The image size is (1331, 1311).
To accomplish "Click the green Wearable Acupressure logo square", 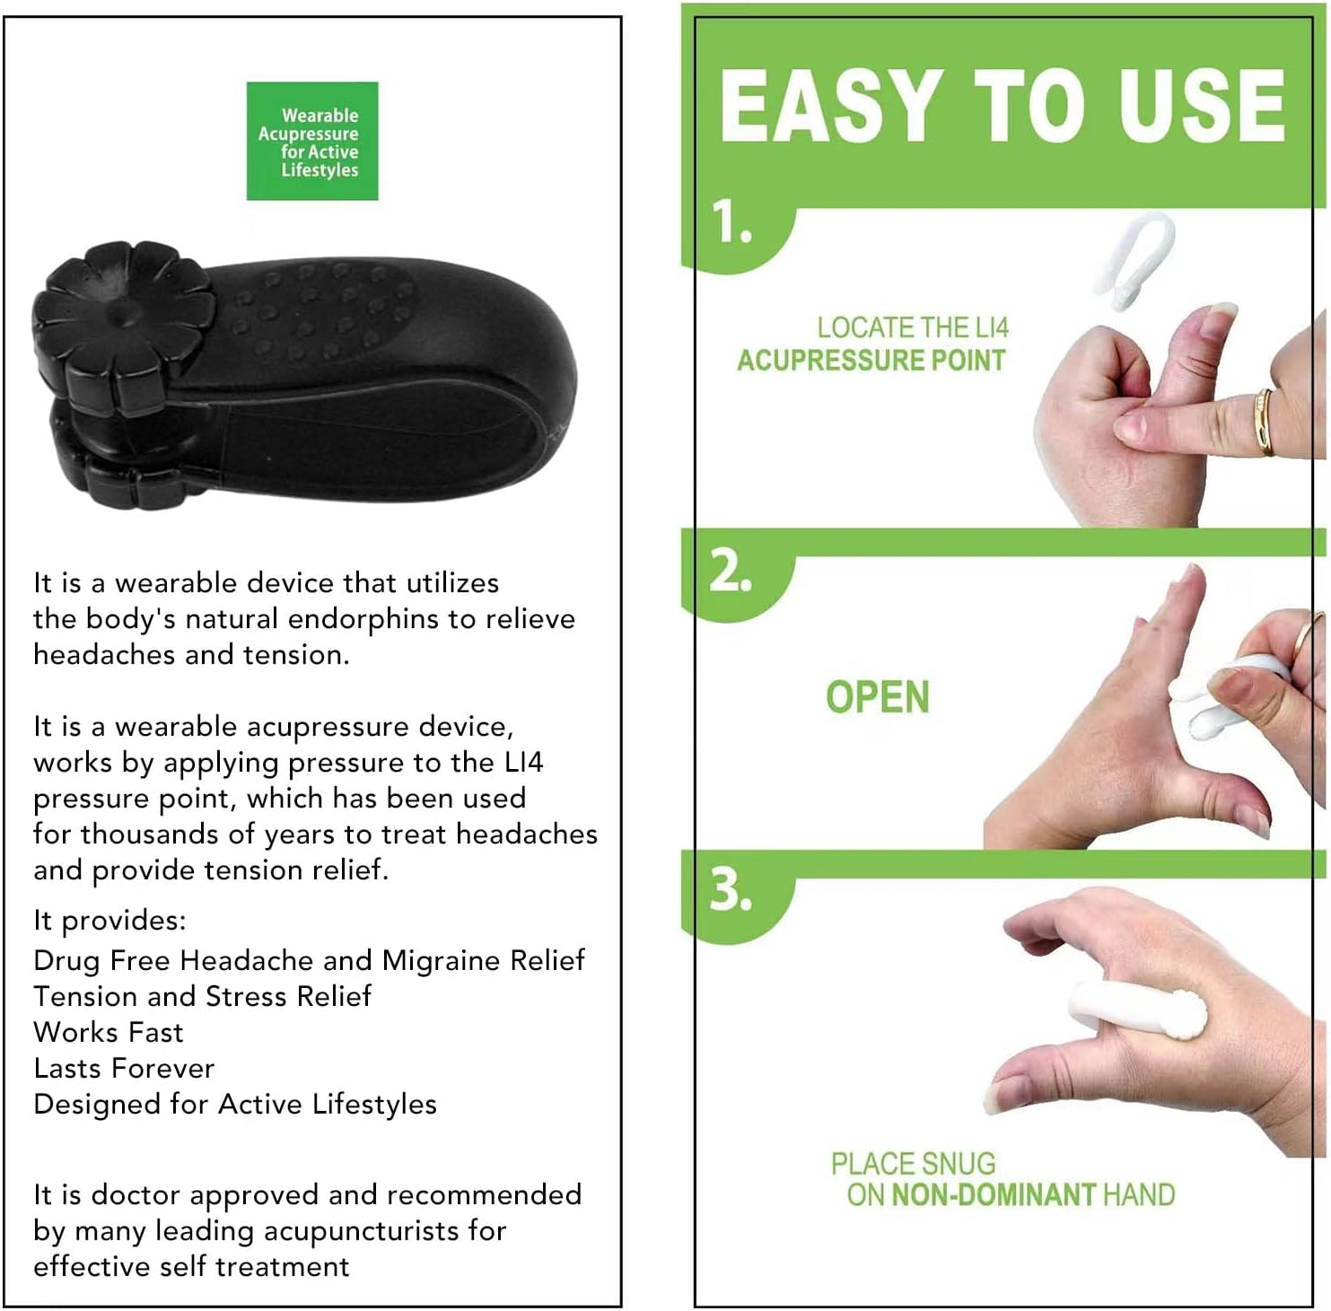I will point(312,141).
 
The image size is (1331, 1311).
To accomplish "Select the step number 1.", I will point(731,222).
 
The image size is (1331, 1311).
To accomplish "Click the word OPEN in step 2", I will point(877,697).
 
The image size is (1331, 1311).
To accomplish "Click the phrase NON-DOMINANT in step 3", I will point(994,1195).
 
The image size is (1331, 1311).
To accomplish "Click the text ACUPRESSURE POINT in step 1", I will point(871,361).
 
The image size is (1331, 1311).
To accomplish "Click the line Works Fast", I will point(109,1033).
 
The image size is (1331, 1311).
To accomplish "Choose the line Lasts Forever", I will point(124,1069).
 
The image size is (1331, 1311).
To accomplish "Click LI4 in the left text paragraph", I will point(523,763).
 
